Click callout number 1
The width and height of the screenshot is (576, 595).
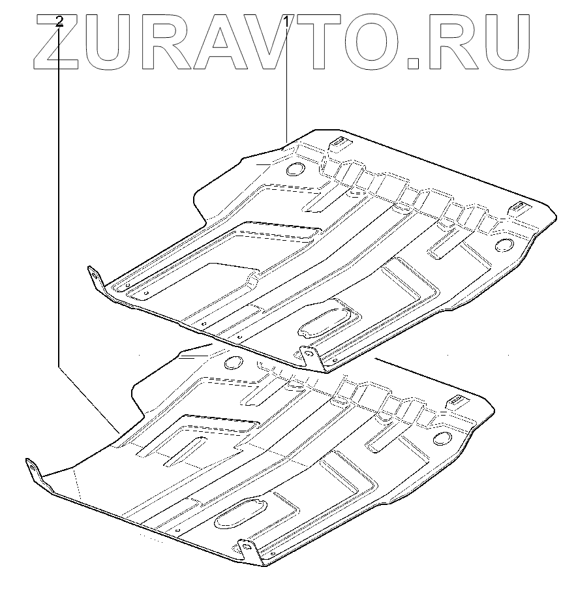click(286, 22)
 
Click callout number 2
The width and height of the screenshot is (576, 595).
click(60, 22)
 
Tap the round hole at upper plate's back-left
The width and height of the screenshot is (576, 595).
click(294, 168)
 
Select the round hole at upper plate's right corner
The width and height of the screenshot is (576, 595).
click(506, 245)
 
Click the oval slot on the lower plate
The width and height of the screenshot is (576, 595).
click(239, 513)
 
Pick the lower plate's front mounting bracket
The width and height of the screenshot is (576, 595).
click(247, 549)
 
